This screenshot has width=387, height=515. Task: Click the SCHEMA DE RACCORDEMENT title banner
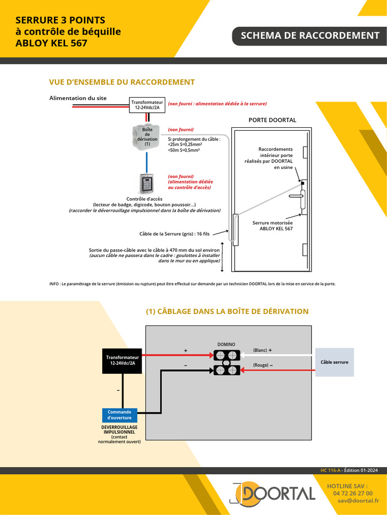tap(310, 36)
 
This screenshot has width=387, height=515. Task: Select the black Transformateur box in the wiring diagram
tap(121, 360)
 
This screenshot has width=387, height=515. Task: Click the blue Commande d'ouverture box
tap(119, 414)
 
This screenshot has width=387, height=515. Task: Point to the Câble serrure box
tap(334, 362)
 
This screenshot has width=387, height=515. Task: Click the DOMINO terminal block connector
tap(226, 363)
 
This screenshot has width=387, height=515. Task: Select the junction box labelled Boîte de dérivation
tap(147, 137)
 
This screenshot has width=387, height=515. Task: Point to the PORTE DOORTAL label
tap(272, 120)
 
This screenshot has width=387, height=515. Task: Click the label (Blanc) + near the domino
tap(262, 350)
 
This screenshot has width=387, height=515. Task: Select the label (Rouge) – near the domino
tap(263, 365)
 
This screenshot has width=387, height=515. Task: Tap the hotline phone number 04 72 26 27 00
tap(353, 493)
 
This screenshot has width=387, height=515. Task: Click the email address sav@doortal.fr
tap(358, 501)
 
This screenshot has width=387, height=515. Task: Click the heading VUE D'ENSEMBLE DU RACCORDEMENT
tap(122, 82)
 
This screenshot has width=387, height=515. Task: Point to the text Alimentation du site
tap(78, 98)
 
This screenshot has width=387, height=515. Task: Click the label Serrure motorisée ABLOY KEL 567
tap(273, 225)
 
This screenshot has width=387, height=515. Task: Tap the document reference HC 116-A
tap(331, 470)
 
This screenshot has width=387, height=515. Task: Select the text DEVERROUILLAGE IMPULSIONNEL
tap(119, 430)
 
